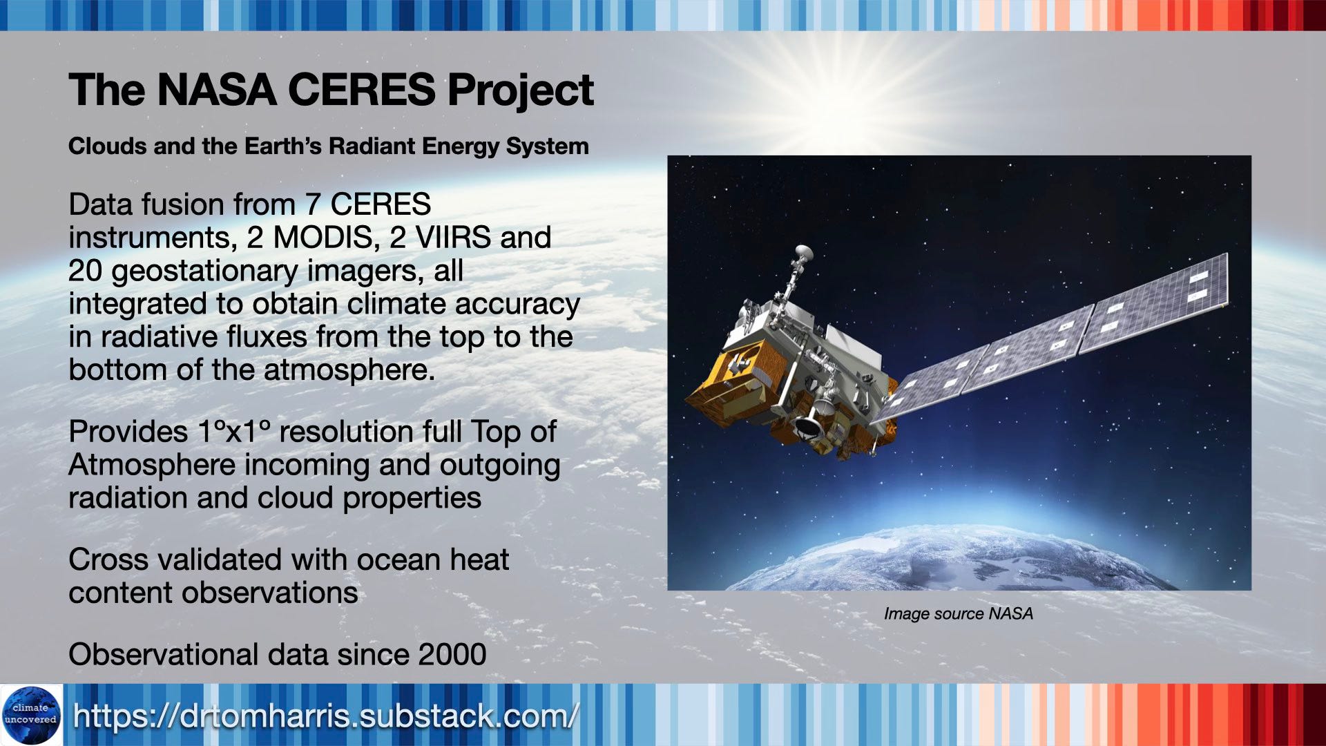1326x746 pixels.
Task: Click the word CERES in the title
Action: [x=361, y=90]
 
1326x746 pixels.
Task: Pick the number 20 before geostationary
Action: [x=85, y=271]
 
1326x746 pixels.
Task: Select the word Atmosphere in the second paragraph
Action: [x=152, y=465]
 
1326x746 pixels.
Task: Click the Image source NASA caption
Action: [x=959, y=613]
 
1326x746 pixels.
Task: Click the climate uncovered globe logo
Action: [x=31, y=715]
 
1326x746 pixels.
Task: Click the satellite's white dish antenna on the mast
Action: [x=803, y=254]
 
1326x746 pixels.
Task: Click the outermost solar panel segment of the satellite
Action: [x=1157, y=300]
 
